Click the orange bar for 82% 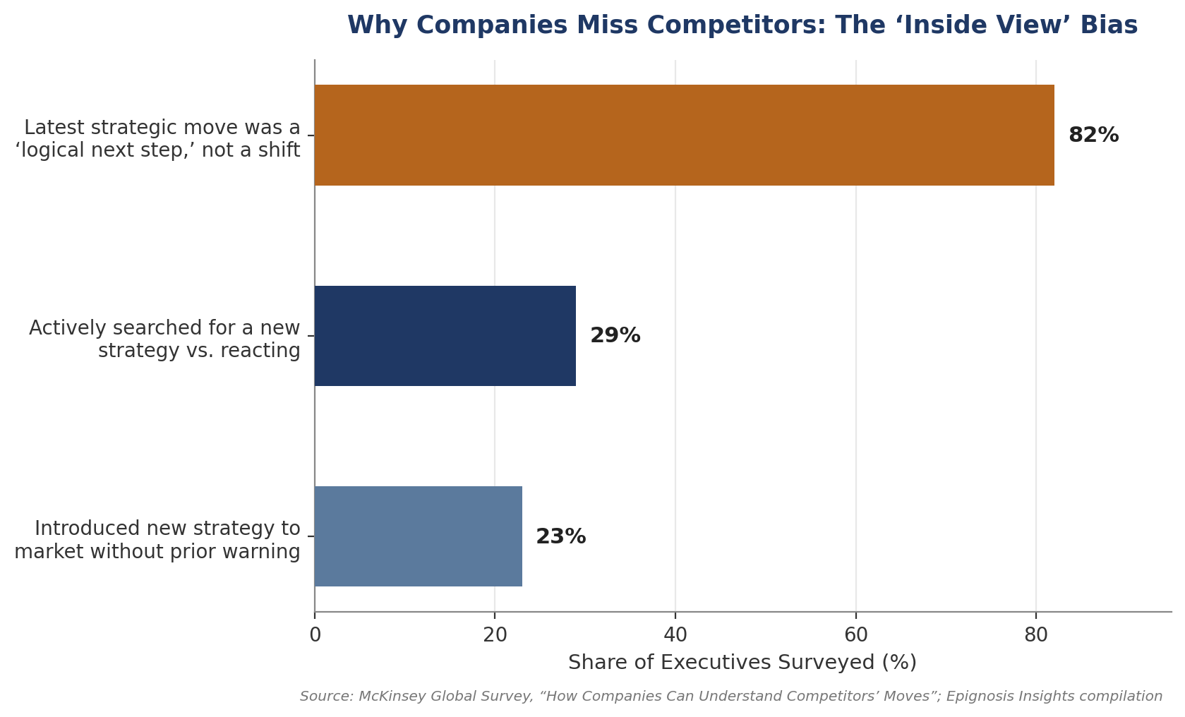(x=684, y=135)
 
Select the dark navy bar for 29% (x=445, y=336)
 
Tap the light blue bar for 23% (x=418, y=536)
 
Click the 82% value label (x=1093, y=135)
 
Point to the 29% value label (x=615, y=336)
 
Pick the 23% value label (x=561, y=537)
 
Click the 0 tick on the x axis (x=315, y=635)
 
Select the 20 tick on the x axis (x=495, y=635)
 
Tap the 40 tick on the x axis (x=675, y=635)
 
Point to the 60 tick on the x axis (x=856, y=635)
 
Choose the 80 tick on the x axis (x=1036, y=635)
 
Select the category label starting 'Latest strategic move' (x=157, y=139)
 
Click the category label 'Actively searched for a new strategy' (x=164, y=339)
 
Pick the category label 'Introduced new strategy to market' (x=157, y=541)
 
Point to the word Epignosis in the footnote (x=979, y=697)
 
